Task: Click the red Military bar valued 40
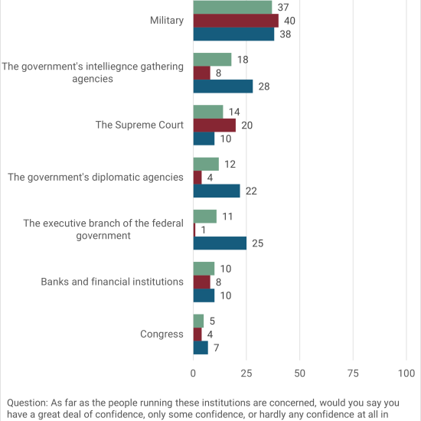[236, 21]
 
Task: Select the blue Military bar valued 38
[234, 34]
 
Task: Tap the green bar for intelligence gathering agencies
[212, 60]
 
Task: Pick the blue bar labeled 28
[223, 86]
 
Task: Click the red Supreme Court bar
[214, 125]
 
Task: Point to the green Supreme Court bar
[208, 112]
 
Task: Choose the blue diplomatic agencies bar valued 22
[217, 191]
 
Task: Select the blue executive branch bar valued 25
[220, 243]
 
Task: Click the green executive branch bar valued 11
[205, 217]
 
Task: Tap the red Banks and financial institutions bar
[201, 282]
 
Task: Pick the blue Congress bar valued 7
[201, 348]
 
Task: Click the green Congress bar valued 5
[198, 321]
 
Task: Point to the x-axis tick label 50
[299, 374]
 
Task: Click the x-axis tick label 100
[406, 374]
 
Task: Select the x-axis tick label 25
[246, 374]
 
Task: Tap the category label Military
[167, 21]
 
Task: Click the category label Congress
[162, 335]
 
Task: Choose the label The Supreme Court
[139, 125]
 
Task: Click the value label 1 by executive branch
[204, 230]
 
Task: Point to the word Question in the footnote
[28, 403]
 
